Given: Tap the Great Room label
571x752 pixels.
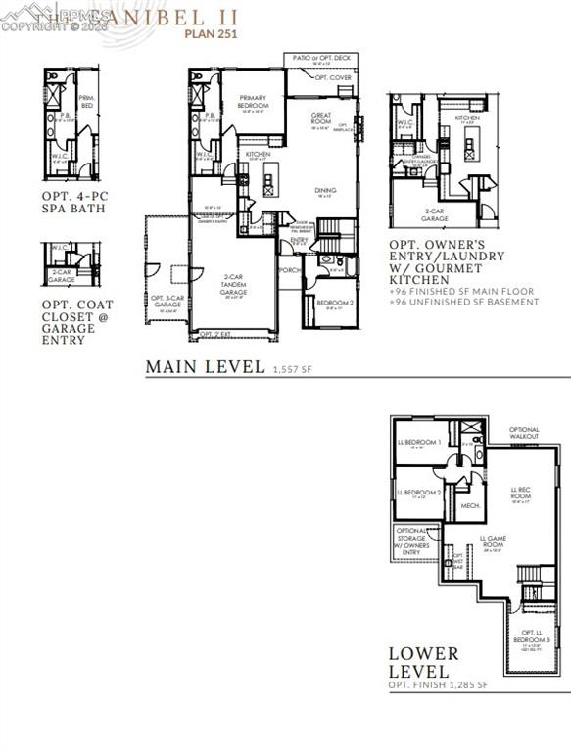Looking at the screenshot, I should [x=321, y=118].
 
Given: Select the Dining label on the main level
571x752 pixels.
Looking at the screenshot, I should [x=325, y=191].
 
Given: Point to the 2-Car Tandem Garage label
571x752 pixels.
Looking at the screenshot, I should [x=234, y=284].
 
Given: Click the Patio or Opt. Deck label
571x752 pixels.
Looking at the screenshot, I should [x=319, y=59].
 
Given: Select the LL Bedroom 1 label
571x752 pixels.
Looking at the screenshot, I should [x=419, y=443].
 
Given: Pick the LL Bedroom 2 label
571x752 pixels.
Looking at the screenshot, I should [x=419, y=492].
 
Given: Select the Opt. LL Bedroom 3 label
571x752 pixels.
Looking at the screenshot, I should [x=531, y=636].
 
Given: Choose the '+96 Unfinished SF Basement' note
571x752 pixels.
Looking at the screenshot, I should [x=464, y=302].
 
